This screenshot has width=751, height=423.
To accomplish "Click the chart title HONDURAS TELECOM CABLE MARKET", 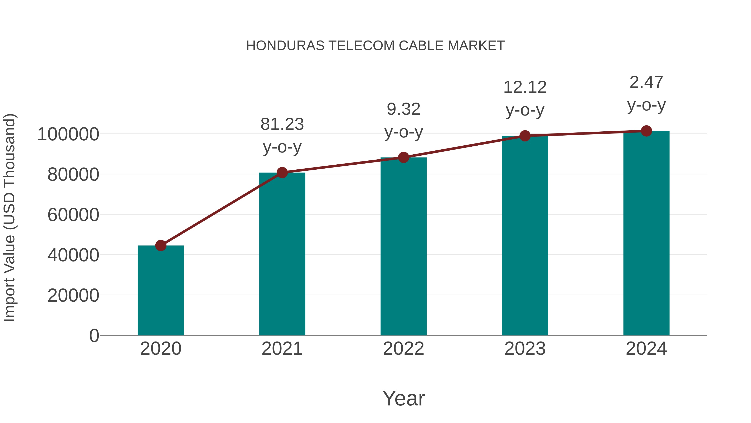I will [x=375, y=46].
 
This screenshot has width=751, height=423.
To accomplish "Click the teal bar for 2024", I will [x=646, y=234].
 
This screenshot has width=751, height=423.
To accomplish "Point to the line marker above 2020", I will [x=161, y=245].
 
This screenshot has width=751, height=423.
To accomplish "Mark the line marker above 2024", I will [x=646, y=131].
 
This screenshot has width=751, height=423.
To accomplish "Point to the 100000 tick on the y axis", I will [x=68, y=135].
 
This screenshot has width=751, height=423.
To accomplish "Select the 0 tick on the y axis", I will [x=94, y=336].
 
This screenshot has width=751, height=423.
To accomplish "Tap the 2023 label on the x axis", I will [x=525, y=349].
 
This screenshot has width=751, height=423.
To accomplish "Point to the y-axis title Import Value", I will [x=10, y=217].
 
